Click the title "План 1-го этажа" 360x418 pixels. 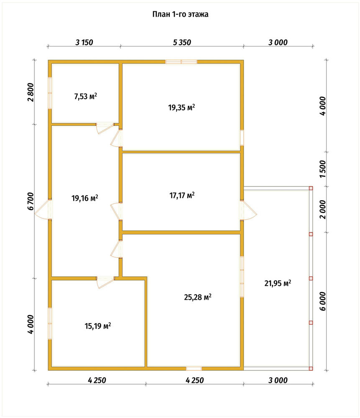[180, 14]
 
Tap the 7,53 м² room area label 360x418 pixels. [85, 96]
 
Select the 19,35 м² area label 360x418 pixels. [181, 107]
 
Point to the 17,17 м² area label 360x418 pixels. [182, 195]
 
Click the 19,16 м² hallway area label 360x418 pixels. [84, 198]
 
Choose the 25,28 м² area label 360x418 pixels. [198, 297]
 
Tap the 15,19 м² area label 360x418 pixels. [97, 326]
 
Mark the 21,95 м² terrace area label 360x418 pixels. [278, 283]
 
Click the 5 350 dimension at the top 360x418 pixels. [182, 42]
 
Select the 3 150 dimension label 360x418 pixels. [84, 42]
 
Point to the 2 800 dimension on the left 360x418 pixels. [31, 92]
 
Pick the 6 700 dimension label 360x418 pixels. [31, 201]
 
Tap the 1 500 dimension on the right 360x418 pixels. [322, 169]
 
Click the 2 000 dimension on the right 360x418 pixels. [322, 209]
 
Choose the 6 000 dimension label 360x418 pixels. [322, 301]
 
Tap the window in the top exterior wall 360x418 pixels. [181, 62]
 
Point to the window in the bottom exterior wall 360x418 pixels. [194, 369]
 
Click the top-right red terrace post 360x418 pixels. [311, 188]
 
